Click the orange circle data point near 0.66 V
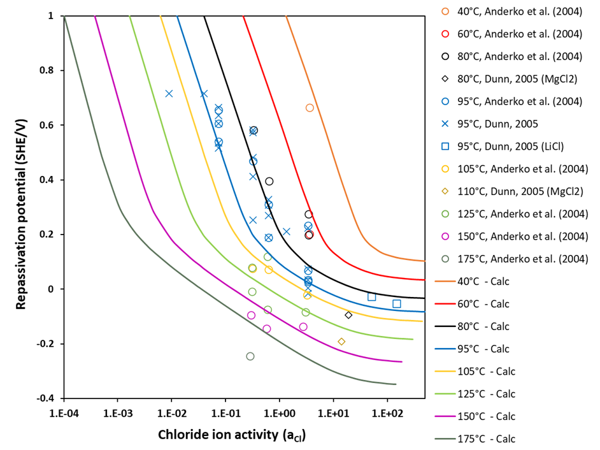point(310,108)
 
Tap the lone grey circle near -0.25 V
point(250,356)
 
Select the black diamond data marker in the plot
point(348,315)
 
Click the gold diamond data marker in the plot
point(341,342)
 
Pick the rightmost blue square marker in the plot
point(397,304)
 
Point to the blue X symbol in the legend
point(445,124)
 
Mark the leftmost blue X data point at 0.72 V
point(169,94)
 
